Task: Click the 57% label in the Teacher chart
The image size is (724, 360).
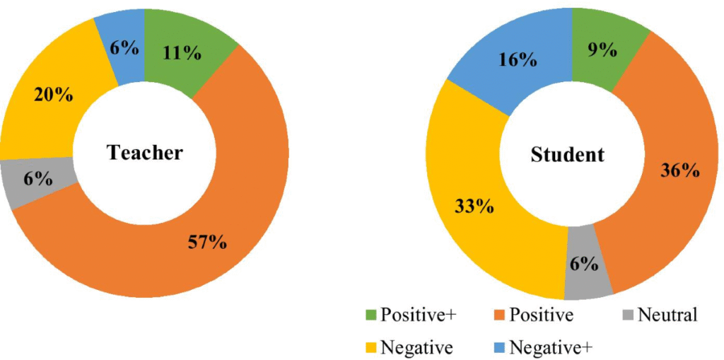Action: coord(206,243)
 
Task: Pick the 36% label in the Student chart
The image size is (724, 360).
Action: coord(680,170)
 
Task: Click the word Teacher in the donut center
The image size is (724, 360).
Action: coord(145,153)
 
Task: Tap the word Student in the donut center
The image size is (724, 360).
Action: coord(568,154)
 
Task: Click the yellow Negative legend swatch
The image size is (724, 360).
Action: coord(370,347)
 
